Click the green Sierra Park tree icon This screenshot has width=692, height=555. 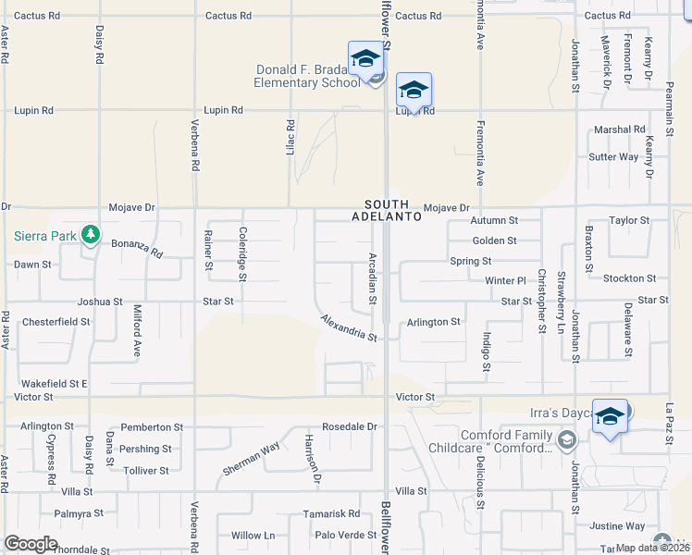pos(90,235)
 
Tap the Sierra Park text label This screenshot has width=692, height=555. pos(44,236)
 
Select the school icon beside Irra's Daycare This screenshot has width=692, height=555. pos(610,417)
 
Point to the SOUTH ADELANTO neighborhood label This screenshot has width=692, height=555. pos(387,210)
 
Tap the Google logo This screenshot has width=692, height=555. pos(31,544)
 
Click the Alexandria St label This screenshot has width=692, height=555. pos(349,327)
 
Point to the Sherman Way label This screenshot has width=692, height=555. pos(251,458)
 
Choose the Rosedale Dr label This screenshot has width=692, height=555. pos(343,426)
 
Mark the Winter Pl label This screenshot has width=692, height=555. pos(505,279)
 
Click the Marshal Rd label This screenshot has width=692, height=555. pos(619,129)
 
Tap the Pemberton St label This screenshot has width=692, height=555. pos(151,427)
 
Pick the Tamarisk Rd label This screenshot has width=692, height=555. pos(335,513)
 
